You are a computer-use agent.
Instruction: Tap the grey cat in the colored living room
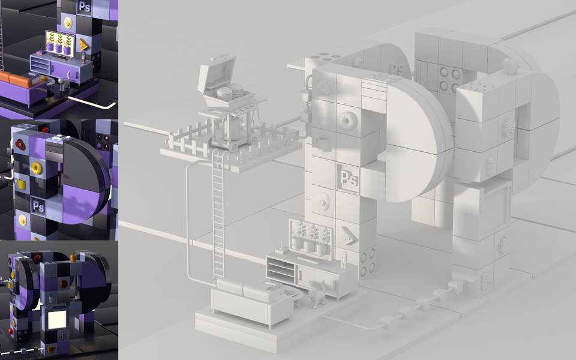pos(65,83)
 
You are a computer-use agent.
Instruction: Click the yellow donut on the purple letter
pos(37,168)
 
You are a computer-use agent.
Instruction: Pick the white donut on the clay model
pos(346,121)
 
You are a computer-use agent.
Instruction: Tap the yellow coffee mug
pos(21,184)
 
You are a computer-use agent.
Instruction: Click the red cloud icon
pos(20,145)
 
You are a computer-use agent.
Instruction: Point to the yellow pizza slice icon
pos(84,44)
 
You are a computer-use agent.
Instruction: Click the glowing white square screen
pos(57,319)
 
